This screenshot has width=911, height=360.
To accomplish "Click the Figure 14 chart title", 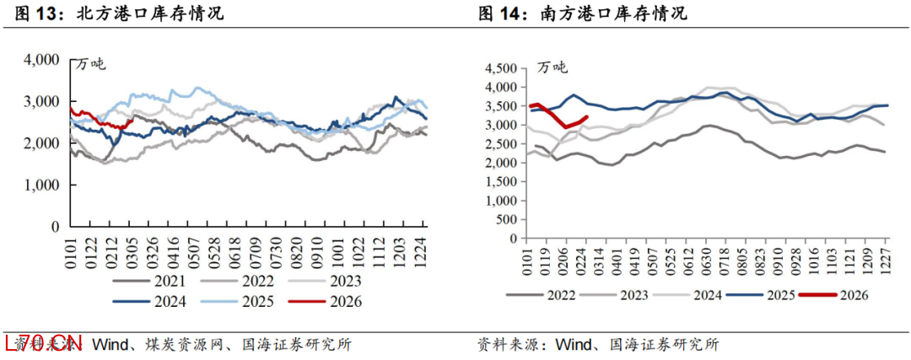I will (x=582, y=13).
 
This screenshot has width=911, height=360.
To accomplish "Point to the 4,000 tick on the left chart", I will (x=42, y=60).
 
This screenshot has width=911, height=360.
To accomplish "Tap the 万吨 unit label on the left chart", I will (x=92, y=65).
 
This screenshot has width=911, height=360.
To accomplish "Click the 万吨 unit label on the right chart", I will (x=553, y=68).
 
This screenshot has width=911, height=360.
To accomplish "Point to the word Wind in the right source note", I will (x=574, y=345).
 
